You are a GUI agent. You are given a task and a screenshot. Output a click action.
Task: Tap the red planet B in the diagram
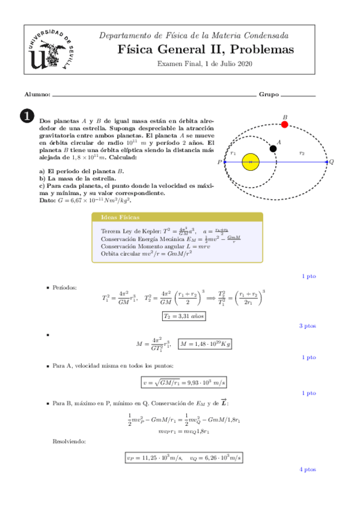pos(284,124)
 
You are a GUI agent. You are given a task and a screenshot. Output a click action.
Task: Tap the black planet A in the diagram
pos(273,148)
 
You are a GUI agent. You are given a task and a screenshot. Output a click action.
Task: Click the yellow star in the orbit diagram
pos(250,162)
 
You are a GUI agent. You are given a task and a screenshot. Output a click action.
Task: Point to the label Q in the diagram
pos(332,162)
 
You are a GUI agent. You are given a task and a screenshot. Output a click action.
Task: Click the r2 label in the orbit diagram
pos(302,154)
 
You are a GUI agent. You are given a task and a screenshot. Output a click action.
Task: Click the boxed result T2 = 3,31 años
pos(185,315)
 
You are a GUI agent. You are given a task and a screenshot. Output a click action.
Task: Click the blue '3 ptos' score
pos(307,326)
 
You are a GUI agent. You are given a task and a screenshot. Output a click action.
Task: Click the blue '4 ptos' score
pos(307,469)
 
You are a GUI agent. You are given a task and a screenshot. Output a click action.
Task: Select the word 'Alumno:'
pos(37,95)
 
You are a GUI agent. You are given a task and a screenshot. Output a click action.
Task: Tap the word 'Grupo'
pos(268,95)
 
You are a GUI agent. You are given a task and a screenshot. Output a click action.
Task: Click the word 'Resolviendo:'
pos(70,441)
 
